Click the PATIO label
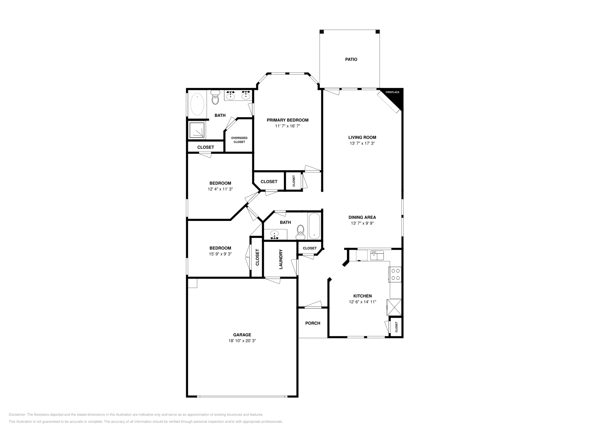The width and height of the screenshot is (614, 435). click(351, 60)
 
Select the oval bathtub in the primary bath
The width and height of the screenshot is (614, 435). click(198, 104)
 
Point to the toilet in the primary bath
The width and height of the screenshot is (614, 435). click(215, 98)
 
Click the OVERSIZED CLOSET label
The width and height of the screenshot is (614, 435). click(239, 140)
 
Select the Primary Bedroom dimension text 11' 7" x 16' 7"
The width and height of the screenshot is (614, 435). click(287, 126)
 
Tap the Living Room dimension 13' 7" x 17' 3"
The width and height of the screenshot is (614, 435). click(362, 143)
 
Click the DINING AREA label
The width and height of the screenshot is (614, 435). click(362, 217)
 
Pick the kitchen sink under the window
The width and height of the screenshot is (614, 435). click(376, 255)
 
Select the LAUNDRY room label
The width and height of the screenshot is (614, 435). click(281, 259)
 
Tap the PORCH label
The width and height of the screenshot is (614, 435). click(312, 323)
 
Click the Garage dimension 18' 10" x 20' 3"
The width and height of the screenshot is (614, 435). click(242, 341)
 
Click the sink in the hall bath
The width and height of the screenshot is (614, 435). click(275, 234)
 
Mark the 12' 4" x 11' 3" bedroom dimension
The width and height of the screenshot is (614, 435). click(220, 189)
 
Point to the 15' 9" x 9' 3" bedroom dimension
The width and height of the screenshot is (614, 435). click(220, 254)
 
